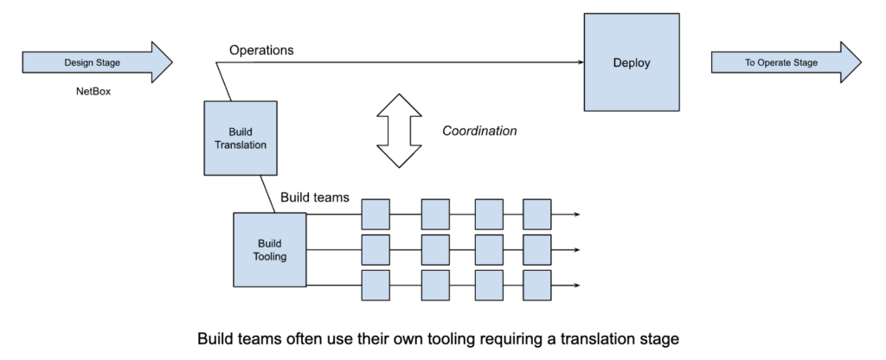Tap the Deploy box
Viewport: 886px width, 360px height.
click(632, 63)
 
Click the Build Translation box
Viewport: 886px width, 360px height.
click(241, 138)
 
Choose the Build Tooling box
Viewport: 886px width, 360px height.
click(269, 249)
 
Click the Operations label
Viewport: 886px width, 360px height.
click(261, 50)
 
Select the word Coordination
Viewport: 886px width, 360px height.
click(479, 131)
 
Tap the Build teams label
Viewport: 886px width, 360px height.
click(315, 197)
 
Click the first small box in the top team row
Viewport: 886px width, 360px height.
click(376, 214)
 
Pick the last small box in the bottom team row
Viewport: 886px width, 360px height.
click(536, 285)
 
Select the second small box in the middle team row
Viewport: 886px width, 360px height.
click(435, 249)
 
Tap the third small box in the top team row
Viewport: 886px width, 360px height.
click(489, 214)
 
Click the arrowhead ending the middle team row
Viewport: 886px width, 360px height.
click(575, 249)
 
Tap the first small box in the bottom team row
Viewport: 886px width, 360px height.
click(376, 285)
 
